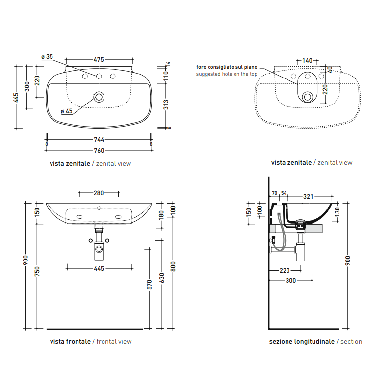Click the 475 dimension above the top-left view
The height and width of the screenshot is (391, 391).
coord(99,59)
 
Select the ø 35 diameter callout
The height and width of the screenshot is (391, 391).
coord(47,57)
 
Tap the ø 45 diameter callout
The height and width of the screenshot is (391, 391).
coord(67,111)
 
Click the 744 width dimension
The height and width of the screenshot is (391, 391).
coord(99,140)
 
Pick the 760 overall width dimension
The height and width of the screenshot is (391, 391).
coord(99,150)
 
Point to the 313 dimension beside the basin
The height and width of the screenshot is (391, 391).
coord(166,104)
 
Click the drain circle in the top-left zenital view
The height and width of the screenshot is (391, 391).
coord(99,97)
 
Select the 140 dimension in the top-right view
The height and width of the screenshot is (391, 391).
coord(307,61)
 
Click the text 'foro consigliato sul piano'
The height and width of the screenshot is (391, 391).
coord(227,67)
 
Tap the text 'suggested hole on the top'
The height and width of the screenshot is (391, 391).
coord(227,74)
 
